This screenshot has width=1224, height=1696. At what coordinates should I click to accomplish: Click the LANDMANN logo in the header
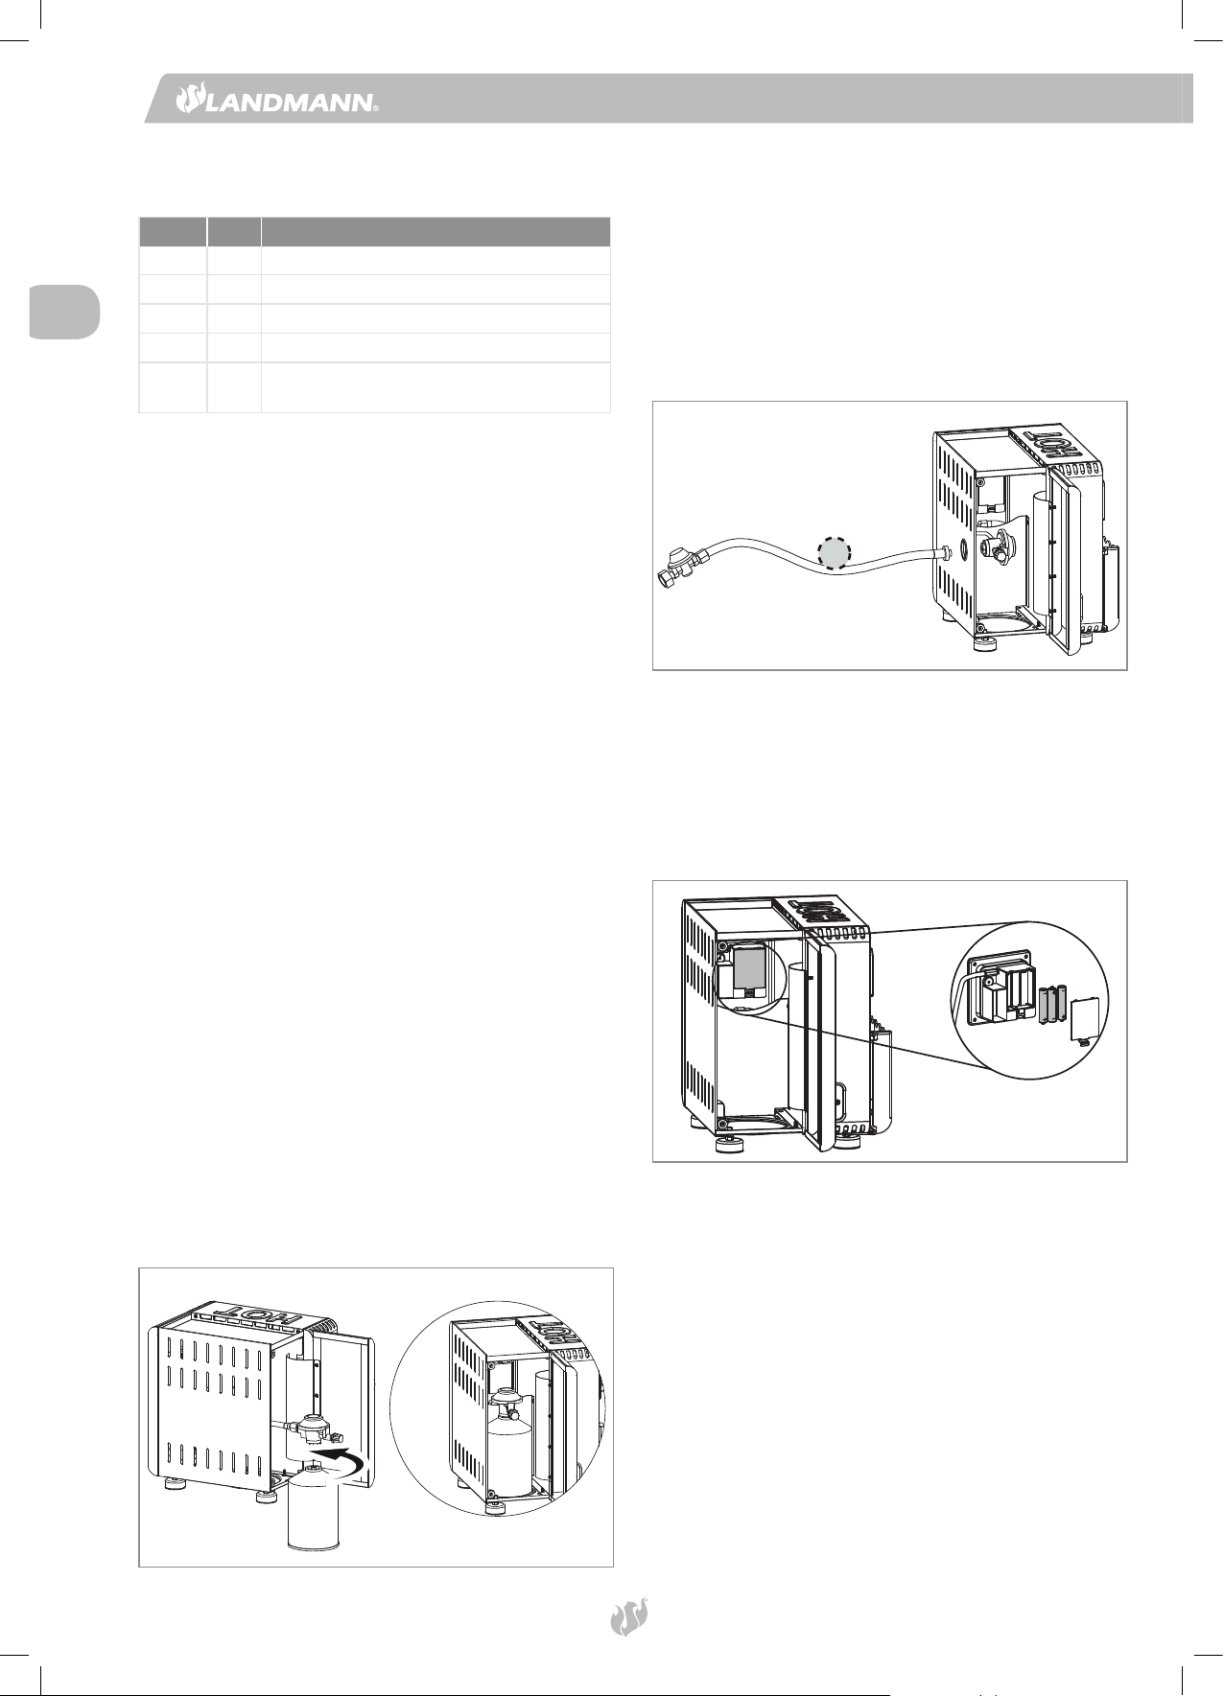point(276,99)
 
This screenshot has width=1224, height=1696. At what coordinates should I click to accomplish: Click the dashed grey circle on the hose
point(834,552)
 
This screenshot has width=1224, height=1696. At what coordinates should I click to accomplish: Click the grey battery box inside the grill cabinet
point(748,970)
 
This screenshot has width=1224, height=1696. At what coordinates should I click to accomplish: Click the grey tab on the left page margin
point(63,312)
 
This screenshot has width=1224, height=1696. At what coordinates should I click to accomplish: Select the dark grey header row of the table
point(375,232)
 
